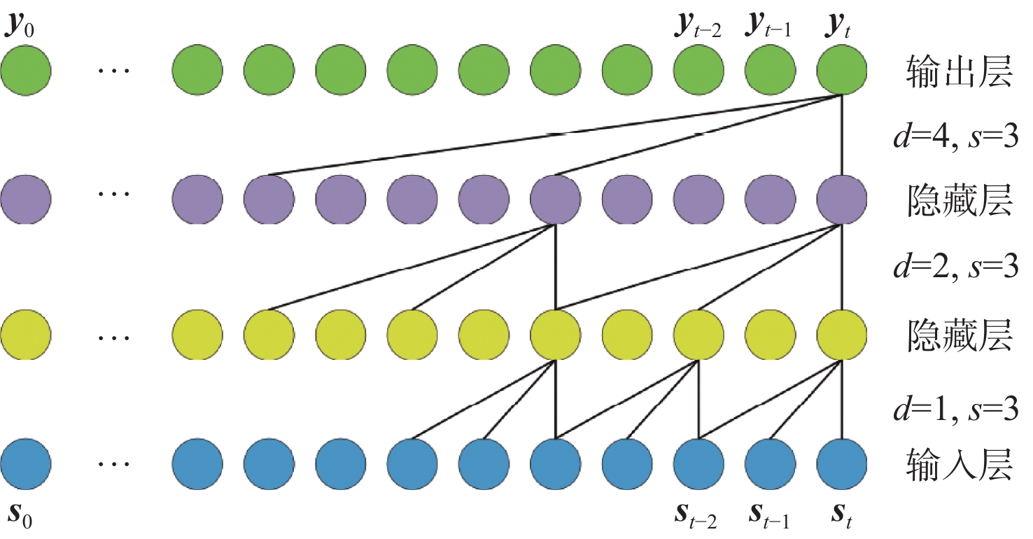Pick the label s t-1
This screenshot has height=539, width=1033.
[768, 519]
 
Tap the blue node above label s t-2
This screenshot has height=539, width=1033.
[698, 463]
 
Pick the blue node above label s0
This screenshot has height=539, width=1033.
[26, 463]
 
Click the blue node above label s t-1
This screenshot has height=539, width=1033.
[769, 463]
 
